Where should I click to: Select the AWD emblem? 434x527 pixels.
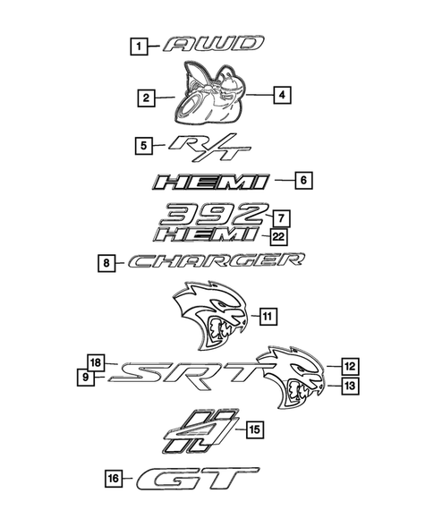click(215, 44)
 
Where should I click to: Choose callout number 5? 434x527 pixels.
click(141, 143)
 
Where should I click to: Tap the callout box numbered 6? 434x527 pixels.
click(302, 181)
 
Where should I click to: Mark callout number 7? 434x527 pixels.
click(280, 217)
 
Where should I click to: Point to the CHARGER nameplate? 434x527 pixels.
click(215, 262)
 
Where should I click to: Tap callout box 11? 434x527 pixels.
click(268, 315)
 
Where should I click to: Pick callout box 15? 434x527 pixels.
click(254, 430)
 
